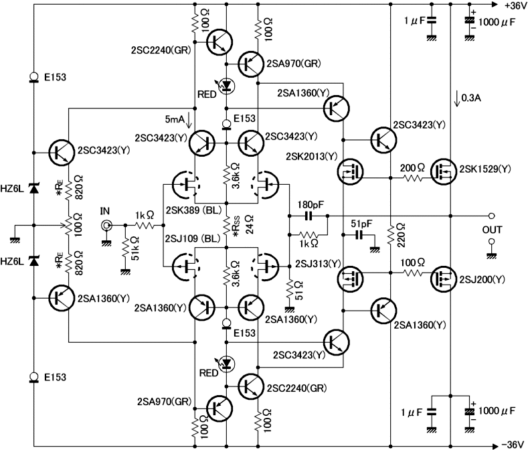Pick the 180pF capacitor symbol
(x=309, y=216)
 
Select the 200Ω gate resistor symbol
(x=414, y=178)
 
